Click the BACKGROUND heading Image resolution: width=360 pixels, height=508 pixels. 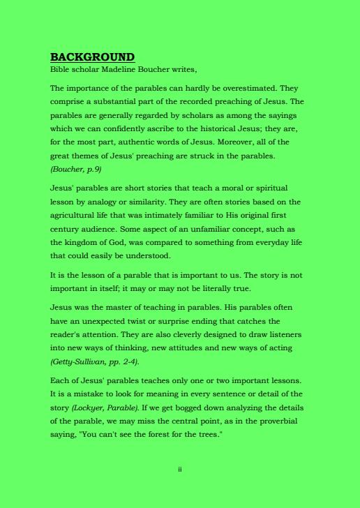pos(92,57)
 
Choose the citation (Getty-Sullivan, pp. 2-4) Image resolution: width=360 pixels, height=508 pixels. pos(95,361)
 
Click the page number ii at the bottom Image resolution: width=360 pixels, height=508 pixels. pos(180,469)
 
